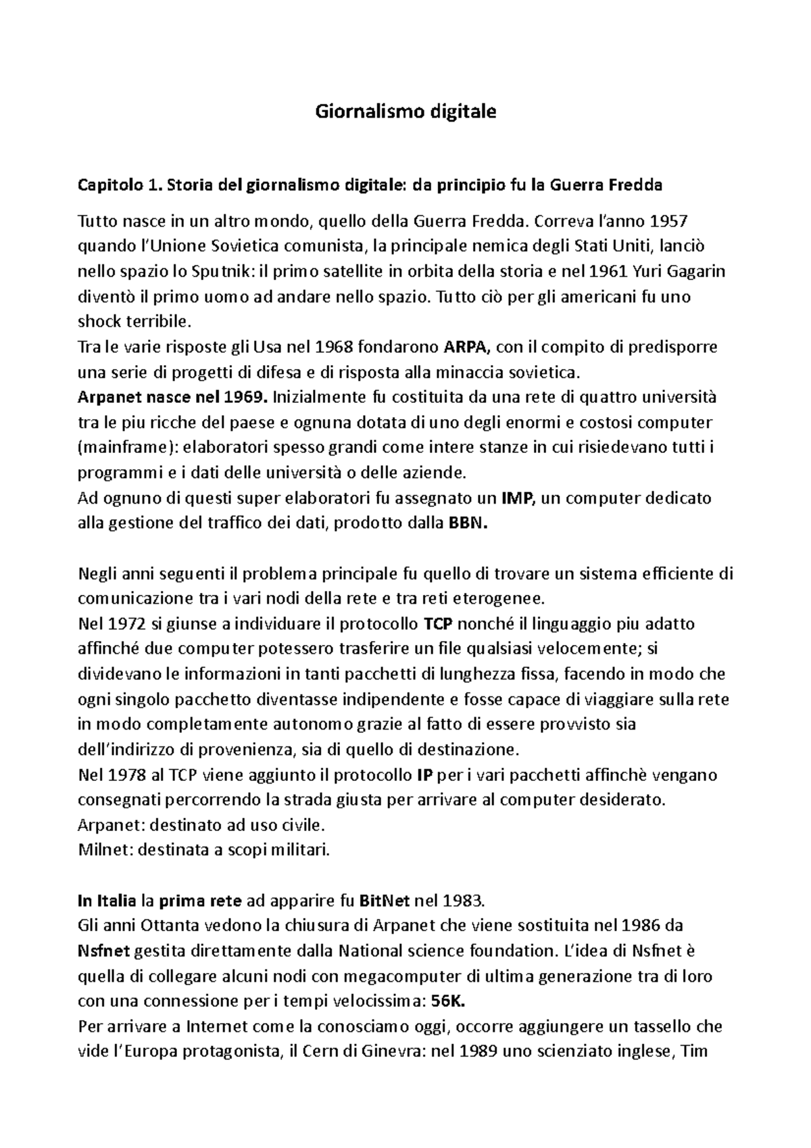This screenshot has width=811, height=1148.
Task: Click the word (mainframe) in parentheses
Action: click(122, 448)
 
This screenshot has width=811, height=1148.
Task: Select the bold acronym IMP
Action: click(518, 498)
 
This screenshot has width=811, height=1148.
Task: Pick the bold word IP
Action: click(424, 775)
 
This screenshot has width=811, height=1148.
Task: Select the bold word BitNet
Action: click(384, 901)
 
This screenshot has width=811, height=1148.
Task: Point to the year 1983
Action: click(463, 901)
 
